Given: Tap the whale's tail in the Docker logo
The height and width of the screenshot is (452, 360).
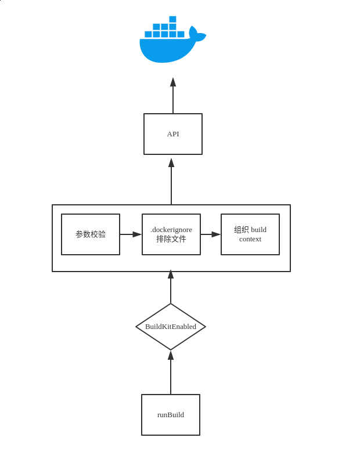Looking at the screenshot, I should [x=197, y=35].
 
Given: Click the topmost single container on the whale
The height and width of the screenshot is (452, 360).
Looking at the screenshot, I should [x=172, y=19].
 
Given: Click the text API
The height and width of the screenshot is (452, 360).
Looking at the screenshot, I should [x=173, y=134].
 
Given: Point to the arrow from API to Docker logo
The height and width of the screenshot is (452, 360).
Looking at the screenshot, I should [x=173, y=96].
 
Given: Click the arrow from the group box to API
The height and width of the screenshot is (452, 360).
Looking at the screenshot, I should [x=171, y=181].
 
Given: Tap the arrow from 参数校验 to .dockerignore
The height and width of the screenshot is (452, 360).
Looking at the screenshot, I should [x=131, y=234].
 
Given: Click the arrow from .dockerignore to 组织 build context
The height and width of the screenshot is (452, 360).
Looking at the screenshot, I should [x=211, y=234].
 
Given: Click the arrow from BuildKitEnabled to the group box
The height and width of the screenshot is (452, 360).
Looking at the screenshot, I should [x=171, y=287].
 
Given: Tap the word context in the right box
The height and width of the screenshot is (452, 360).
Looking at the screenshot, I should [x=250, y=239].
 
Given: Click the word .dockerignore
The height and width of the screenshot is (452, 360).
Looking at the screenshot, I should [x=171, y=230].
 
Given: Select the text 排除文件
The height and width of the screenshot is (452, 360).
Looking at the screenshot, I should [x=171, y=239].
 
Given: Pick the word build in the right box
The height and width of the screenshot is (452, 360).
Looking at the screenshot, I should [x=258, y=230].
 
